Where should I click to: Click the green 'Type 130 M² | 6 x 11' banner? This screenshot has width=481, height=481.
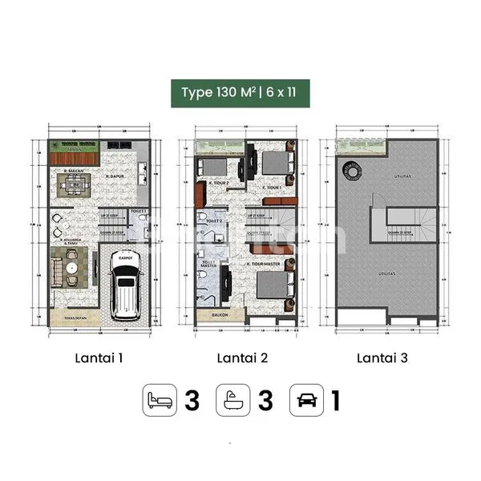pos(240,93)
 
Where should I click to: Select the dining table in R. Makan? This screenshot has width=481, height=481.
pos(77,186)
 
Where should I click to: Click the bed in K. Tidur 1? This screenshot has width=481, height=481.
pos(277,163)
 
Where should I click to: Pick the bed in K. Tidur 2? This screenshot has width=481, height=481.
pos(215,166)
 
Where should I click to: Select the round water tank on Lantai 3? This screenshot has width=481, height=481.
pos(350,171)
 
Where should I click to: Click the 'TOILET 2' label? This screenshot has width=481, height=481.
pos(213,220)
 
